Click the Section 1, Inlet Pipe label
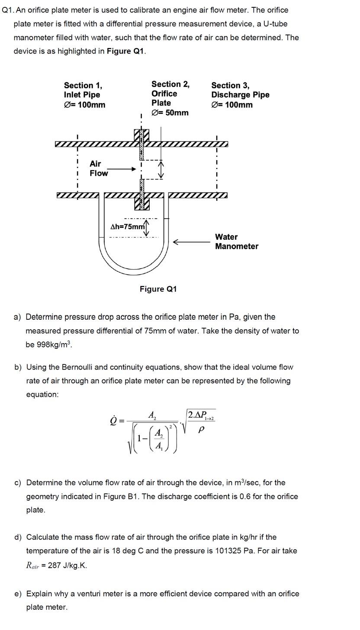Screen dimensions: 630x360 point(84,95)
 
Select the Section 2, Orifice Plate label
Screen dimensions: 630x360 point(170,98)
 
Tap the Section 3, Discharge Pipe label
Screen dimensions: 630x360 point(240,95)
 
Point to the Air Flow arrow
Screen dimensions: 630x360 point(122,169)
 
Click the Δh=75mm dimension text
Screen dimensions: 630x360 point(128,227)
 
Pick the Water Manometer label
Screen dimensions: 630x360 point(236,241)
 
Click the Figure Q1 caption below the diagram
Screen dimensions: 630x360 point(158,289)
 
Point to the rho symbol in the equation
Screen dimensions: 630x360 point(200,430)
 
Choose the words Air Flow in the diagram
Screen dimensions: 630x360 point(99,168)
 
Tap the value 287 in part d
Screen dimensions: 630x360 point(55,565)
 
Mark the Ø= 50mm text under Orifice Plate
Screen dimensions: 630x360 point(170,113)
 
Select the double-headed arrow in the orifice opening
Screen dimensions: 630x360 point(161,169)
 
